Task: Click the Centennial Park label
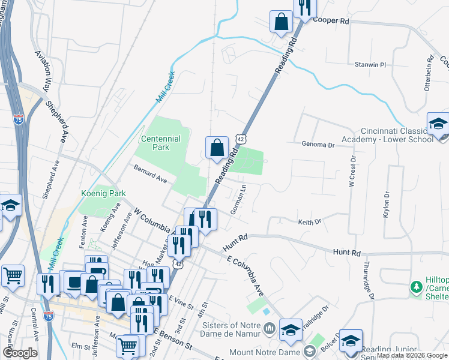tap(160, 143)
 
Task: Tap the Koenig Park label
tap(103, 194)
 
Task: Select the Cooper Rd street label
tap(330, 20)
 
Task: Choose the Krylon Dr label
tap(386, 205)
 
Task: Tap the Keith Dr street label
tap(310, 222)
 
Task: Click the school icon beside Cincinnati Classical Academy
tap(438, 124)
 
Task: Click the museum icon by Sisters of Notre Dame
tap(269, 329)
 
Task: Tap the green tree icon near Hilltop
tap(414, 289)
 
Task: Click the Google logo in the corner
tap(20, 353)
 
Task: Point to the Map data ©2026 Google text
tap(412, 355)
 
